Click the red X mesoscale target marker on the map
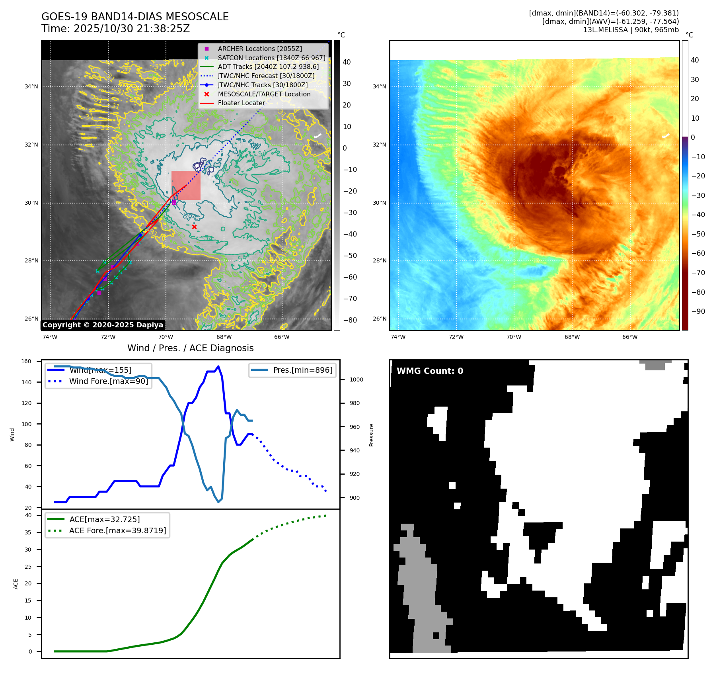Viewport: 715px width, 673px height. (194, 227)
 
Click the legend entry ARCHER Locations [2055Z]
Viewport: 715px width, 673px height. (259, 49)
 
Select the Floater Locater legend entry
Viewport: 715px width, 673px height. (241, 103)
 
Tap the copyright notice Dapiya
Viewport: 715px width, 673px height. (103, 325)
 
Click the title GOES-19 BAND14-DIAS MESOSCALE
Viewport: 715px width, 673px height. (135, 17)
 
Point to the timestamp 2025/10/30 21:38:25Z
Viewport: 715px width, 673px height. (132, 29)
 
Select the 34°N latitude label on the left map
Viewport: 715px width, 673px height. (31, 87)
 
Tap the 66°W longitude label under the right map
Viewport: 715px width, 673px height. (629, 337)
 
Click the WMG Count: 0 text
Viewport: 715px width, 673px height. (430, 371)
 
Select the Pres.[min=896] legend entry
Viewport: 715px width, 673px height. (302, 370)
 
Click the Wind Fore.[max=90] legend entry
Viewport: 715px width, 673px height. (108, 381)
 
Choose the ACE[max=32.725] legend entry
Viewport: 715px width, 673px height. (104, 519)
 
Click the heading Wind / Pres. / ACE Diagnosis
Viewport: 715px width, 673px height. (190, 348)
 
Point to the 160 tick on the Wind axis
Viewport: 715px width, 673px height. (26, 362)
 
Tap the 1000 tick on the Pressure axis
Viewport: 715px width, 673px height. (356, 380)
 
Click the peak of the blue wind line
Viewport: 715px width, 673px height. (218, 366)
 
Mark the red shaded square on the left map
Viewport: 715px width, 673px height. (186, 185)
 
